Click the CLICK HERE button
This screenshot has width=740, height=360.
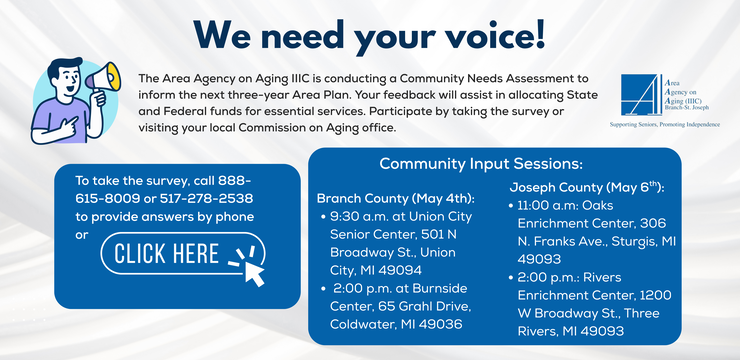183,254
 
